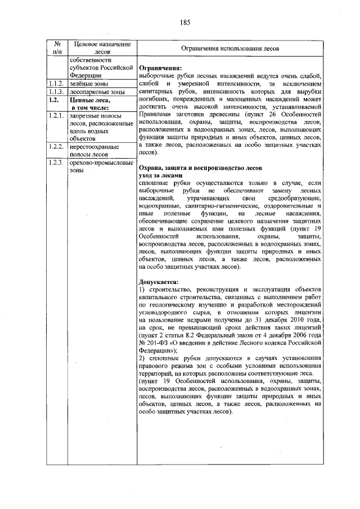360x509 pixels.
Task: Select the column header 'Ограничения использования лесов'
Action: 230,49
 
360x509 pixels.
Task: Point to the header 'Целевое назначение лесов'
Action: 98,48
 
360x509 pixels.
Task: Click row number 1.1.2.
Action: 55,84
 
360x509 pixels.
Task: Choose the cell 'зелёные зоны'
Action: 85,84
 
